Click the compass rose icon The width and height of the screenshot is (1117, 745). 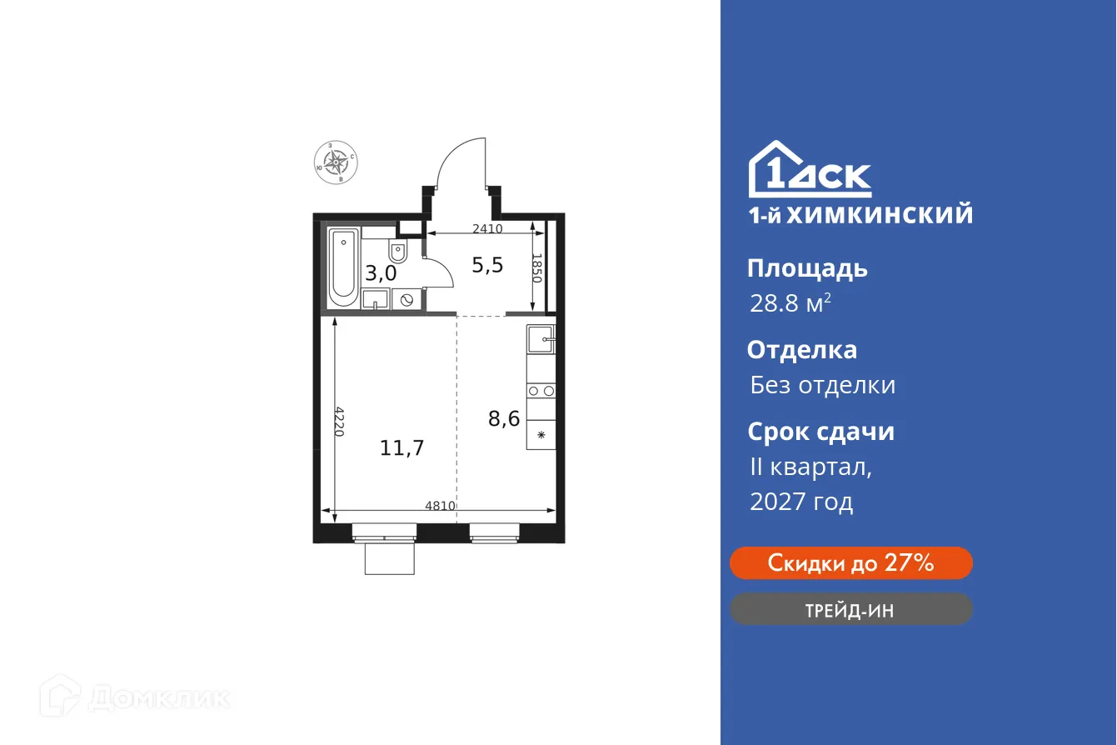tap(335, 162)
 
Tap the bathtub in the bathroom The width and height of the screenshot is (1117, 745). tap(342, 266)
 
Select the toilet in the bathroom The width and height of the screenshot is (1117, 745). tap(397, 251)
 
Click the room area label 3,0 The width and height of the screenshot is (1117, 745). tap(380, 272)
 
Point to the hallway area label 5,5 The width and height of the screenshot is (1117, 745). tap(487, 265)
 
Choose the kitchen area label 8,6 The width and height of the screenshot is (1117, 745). tap(504, 418)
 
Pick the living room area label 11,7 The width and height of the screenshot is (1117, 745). tap(402, 448)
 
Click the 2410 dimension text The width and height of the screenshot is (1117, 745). tap(486, 228)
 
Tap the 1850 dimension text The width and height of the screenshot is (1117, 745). tap(537, 268)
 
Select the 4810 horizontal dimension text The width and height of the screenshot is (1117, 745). tap(440, 505)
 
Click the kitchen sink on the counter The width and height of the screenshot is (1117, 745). tap(541, 338)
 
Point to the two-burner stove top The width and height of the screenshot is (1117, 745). tap(541, 390)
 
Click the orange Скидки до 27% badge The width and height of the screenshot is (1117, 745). tap(850, 563)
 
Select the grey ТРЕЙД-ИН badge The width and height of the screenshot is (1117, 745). tap(850, 610)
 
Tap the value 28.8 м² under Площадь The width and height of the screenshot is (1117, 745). tap(790, 304)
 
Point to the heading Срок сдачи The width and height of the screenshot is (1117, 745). tap(820, 432)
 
